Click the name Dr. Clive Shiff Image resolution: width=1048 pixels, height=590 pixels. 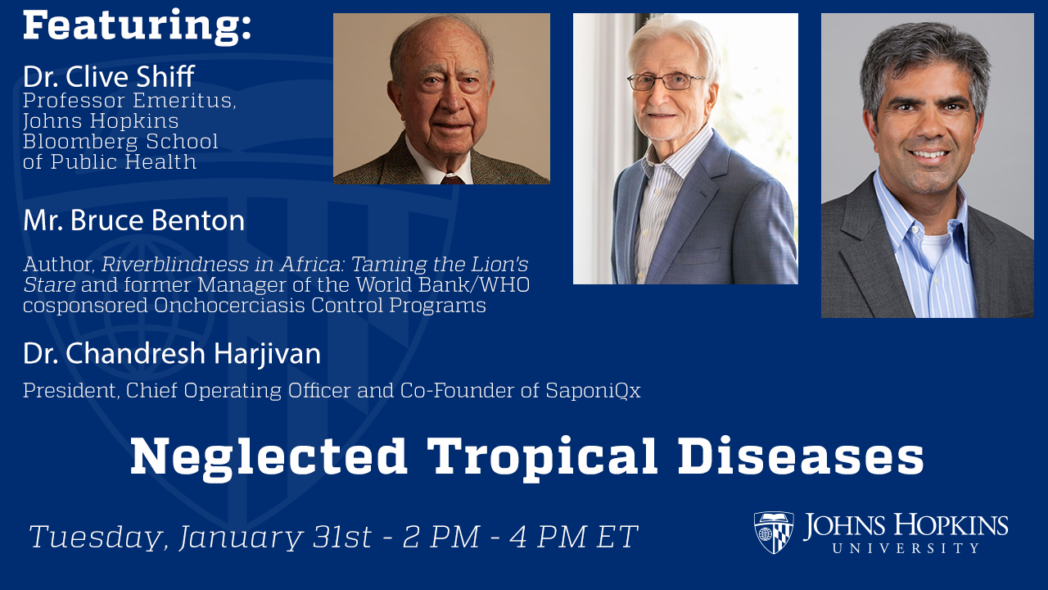pyautogui.click(x=108, y=77)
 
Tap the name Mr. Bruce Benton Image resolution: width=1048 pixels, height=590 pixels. pyautogui.click(x=133, y=221)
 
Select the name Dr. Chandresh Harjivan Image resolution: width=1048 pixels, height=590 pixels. pyautogui.click(x=171, y=354)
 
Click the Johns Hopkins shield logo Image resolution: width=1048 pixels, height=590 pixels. pyautogui.click(x=773, y=533)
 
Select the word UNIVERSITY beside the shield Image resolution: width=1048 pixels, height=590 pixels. pyautogui.click(x=906, y=547)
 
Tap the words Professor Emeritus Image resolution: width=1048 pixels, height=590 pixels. pyautogui.click(x=129, y=102)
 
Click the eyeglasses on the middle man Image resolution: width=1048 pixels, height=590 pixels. pyautogui.click(x=665, y=81)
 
